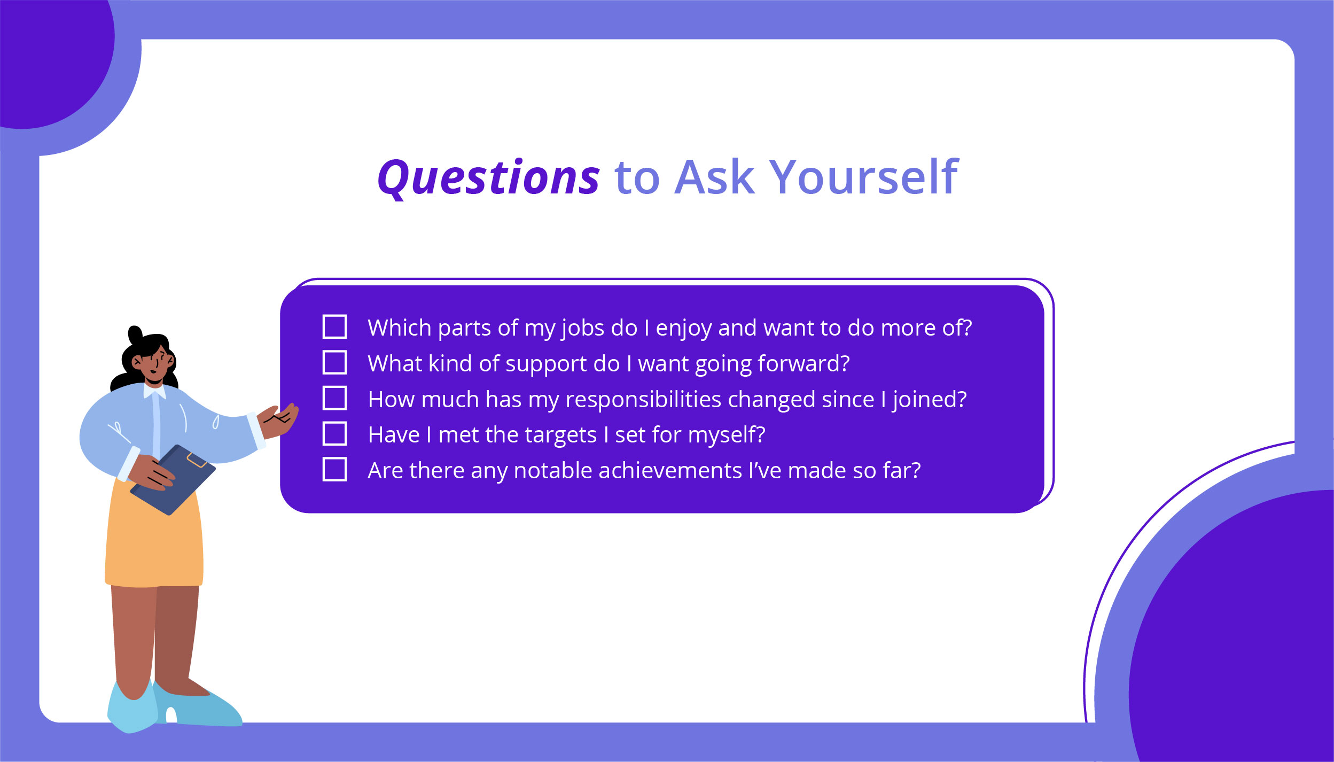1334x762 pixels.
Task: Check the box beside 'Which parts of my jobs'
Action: pyautogui.click(x=334, y=326)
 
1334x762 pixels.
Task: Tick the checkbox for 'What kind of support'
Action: pyautogui.click(x=334, y=362)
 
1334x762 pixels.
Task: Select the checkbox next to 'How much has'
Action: pyautogui.click(x=334, y=398)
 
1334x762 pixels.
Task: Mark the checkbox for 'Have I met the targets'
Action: pyautogui.click(x=334, y=433)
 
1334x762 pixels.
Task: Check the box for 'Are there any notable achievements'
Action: pyautogui.click(x=334, y=469)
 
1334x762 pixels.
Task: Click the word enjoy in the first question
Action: pyautogui.click(x=684, y=328)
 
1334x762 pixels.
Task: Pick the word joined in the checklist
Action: pyautogui.click(x=929, y=400)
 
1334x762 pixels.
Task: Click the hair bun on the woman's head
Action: pyautogui.click(x=135, y=335)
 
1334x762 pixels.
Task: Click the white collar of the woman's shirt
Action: pyautogui.click(x=154, y=392)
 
